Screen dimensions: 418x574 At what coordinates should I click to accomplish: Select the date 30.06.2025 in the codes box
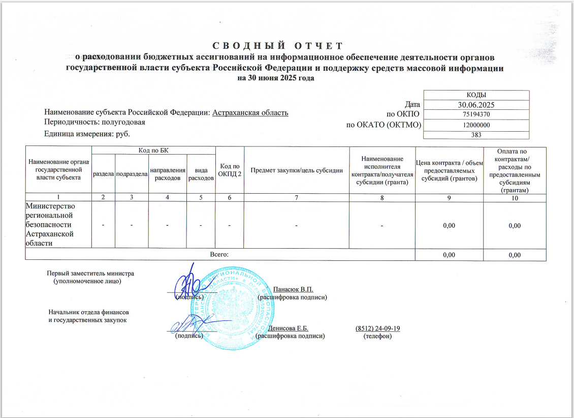click(x=476, y=105)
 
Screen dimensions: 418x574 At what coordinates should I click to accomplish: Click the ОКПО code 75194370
click(x=476, y=114)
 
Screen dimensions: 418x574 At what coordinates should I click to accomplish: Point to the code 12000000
click(x=476, y=125)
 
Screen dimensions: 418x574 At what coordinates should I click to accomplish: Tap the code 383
click(x=476, y=135)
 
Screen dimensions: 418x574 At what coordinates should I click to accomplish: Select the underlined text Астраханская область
click(x=250, y=113)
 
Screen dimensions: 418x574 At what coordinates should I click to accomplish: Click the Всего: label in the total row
click(x=219, y=254)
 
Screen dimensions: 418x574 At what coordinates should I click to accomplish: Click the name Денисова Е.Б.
click(x=288, y=329)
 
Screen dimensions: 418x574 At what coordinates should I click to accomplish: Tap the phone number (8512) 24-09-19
click(x=377, y=329)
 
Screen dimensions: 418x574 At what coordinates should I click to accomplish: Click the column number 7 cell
click(x=297, y=198)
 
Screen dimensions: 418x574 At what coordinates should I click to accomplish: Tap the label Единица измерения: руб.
click(x=87, y=134)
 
